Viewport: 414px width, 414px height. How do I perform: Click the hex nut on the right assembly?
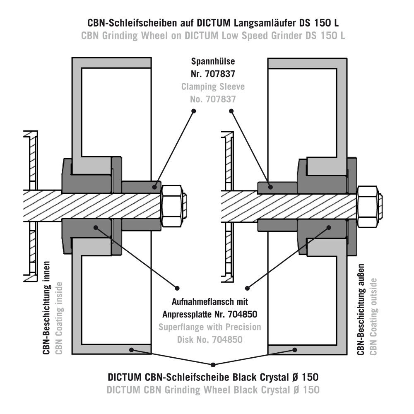pyautogui.click(x=367, y=207)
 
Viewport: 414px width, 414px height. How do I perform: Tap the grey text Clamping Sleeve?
pyautogui.click(x=213, y=87)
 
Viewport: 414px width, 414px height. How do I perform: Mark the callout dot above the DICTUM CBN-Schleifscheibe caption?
pyautogui.click(x=213, y=365)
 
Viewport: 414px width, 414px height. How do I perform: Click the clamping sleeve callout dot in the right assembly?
pyautogui.click(x=270, y=187)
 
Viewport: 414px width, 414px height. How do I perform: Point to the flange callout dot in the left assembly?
pyautogui.click(x=96, y=227)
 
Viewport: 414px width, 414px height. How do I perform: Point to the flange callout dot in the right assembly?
pyautogui.click(x=330, y=227)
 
